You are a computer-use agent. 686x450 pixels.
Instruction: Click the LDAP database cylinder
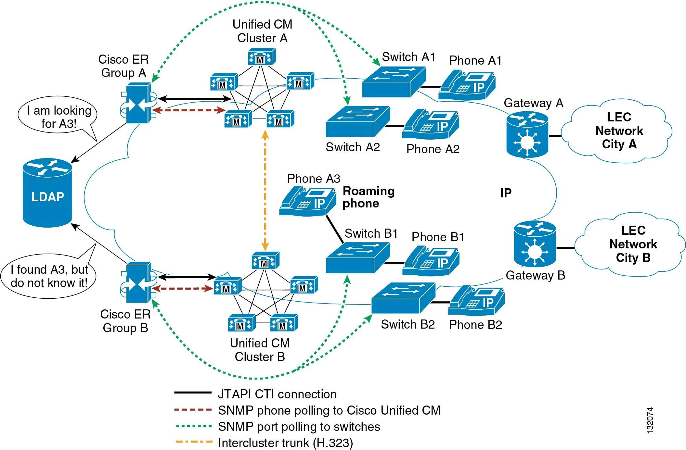point(47,193)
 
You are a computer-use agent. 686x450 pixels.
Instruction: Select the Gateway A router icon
point(527,135)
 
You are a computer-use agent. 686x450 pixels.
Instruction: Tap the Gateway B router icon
point(535,244)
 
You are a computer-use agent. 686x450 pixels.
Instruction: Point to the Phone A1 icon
point(467,85)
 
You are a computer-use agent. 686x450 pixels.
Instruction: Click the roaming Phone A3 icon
point(308,201)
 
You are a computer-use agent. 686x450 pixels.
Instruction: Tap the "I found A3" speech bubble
point(49,276)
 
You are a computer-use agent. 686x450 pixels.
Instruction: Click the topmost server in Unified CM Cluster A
point(262,57)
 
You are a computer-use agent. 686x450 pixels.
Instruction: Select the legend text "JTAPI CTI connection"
point(277,394)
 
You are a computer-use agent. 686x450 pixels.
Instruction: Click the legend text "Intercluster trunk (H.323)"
point(285,443)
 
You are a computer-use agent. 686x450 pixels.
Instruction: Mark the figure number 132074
point(649,420)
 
